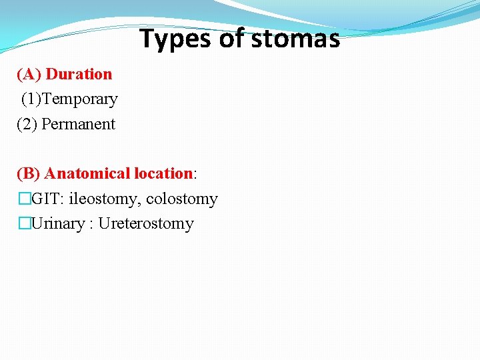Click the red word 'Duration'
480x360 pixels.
point(79,74)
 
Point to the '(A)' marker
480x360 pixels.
point(29,74)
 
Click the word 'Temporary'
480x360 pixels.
point(83,99)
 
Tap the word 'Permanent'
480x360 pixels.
point(79,124)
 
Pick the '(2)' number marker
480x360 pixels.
point(27,124)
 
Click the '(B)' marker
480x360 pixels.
point(29,174)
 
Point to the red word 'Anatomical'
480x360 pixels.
point(87,174)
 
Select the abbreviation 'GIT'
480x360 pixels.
point(45,199)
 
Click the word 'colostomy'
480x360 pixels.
point(182,199)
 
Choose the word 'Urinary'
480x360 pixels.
point(58,223)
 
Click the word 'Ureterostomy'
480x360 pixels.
point(146,223)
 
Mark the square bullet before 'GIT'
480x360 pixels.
point(24,199)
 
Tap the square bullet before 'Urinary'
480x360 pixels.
point(24,223)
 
